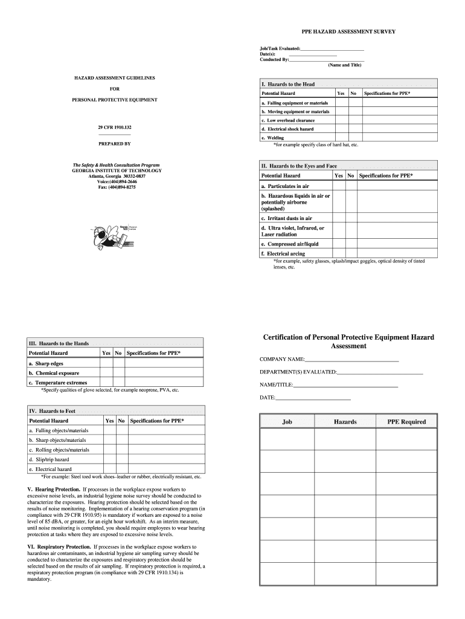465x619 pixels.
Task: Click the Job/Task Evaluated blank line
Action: (332, 48)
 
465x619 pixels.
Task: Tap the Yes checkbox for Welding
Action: (341, 138)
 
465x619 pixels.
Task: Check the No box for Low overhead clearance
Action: (354, 120)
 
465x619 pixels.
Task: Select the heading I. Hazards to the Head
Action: (287, 84)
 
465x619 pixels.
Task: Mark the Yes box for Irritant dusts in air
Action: (338, 218)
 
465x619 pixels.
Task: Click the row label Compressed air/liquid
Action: (290, 244)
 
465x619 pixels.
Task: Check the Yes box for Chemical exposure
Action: (106, 373)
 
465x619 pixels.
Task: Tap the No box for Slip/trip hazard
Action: (121, 459)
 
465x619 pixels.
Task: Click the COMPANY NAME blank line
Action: (352, 360)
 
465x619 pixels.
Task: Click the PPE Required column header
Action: (406, 422)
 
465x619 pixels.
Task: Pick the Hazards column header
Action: (345, 422)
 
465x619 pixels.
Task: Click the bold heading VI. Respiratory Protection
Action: (54, 546)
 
